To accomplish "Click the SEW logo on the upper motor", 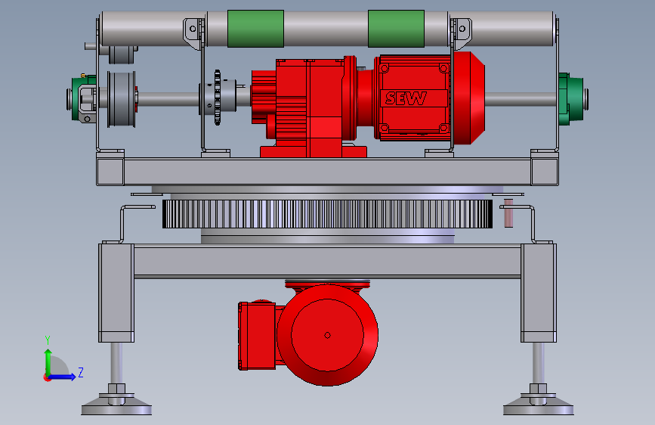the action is (x=406, y=98).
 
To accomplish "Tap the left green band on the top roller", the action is (x=255, y=29).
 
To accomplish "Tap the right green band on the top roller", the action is (x=396, y=29).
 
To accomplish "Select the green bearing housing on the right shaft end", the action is (x=571, y=99).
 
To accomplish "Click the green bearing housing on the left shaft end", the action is (x=82, y=99).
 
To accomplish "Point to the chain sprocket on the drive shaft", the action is (x=218, y=98).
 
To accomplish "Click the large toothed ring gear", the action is (x=328, y=214).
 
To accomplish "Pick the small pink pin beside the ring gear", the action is (x=508, y=213).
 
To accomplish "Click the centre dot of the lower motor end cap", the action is (x=328, y=335).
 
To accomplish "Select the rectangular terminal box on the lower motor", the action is (x=257, y=336).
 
